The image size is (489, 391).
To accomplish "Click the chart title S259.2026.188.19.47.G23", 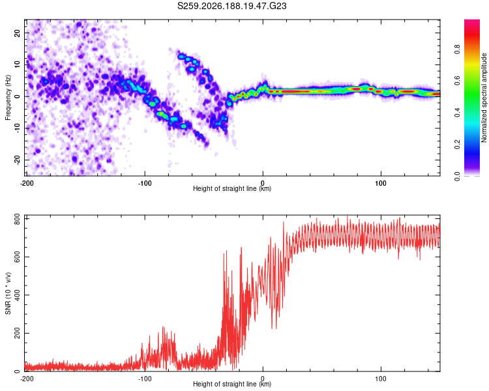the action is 231,6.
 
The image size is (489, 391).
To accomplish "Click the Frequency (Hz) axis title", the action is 8,98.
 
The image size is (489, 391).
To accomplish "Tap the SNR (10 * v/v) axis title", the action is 8,293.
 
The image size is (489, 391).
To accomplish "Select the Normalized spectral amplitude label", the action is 484,98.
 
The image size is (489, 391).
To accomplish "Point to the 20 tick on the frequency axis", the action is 18,33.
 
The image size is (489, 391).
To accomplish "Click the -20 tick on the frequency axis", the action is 18,160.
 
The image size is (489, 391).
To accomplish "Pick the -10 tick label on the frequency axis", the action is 18,128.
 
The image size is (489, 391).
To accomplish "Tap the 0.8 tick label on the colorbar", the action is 457,50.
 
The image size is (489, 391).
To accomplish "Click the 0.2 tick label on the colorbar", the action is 457,145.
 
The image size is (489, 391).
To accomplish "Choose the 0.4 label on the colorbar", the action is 457,113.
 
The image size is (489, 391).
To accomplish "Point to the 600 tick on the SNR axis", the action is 18,257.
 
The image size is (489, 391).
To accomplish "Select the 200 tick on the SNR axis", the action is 18,333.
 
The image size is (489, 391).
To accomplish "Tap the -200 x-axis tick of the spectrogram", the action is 27,183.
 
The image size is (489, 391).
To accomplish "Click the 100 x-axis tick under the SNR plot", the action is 381,379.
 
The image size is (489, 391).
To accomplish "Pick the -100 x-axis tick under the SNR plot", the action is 145,379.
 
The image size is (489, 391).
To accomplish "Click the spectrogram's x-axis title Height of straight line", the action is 232,188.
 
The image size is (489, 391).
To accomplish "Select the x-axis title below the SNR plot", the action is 232,384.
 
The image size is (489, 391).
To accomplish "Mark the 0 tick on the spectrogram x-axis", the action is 263,183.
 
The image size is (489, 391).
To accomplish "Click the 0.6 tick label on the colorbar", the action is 457,81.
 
